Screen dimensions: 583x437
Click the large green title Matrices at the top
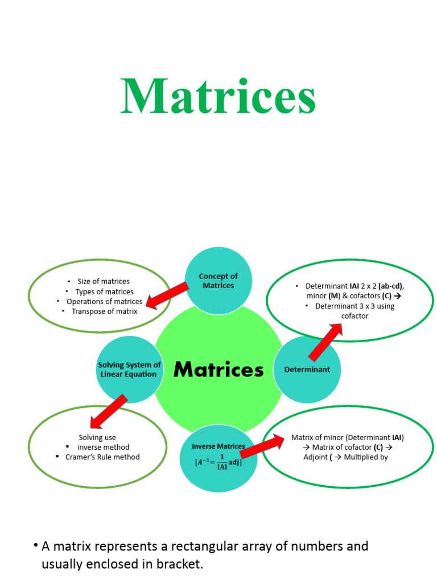pyautogui.click(x=218, y=97)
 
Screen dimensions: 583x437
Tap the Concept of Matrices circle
pyautogui.click(x=218, y=280)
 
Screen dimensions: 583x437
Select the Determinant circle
pyautogui.click(x=307, y=369)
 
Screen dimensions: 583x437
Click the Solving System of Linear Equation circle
pyautogui.click(x=129, y=369)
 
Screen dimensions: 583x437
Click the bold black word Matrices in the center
pyautogui.click(x=218, y=369)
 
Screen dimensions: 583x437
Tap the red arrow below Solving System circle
pyautogui.click(x=108, y=411)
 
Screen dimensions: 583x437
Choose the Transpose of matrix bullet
pyautogui.click(x=105, y=311)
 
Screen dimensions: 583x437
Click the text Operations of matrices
pyautogui.click(x=105, y=301)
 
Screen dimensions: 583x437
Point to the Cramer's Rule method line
pyautogui.click(x=102, y=457)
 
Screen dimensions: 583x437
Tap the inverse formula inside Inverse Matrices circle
pyautogui.click(x=218, y=462)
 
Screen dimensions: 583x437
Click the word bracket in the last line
pyautogui.click(x=179, y=565)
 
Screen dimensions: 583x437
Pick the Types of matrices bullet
pyautogui.click(x=105, y=291)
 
